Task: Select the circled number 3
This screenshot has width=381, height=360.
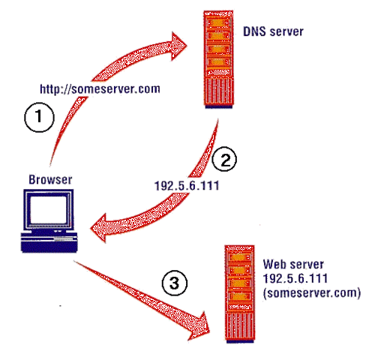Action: (x=173, y=283)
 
